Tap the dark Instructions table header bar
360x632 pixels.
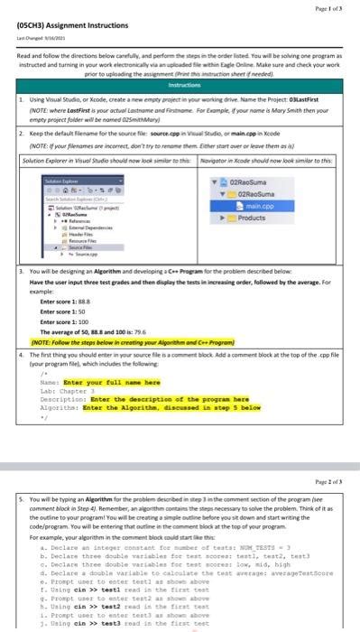pyautogui.click(x=180, y=106)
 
